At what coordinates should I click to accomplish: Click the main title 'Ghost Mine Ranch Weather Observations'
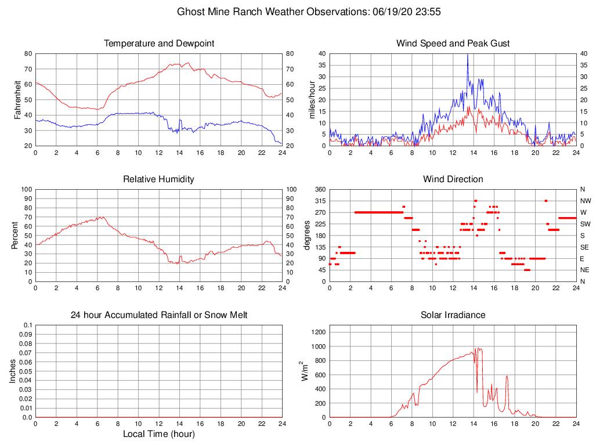click(270, 12)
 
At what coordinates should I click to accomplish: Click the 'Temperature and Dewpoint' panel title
click(159, 44)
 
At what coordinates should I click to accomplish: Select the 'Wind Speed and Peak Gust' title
click(453, 44)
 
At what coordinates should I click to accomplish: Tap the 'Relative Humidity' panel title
click(159, 179)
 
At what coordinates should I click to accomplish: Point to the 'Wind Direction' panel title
click(453, 179)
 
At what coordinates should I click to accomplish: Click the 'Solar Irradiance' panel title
click(453, 315)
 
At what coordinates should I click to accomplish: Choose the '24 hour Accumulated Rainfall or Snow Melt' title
click(159, 315)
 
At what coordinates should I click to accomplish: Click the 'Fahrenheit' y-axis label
click(18, 100)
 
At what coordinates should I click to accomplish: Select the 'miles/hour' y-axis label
click(312, 100)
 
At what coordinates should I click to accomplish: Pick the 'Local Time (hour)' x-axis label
click(159, 434)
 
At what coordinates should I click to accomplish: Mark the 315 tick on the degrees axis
click(318, 201)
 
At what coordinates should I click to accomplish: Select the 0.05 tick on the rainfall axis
click(26, 371)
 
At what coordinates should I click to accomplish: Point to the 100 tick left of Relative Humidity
click(26, 190)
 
